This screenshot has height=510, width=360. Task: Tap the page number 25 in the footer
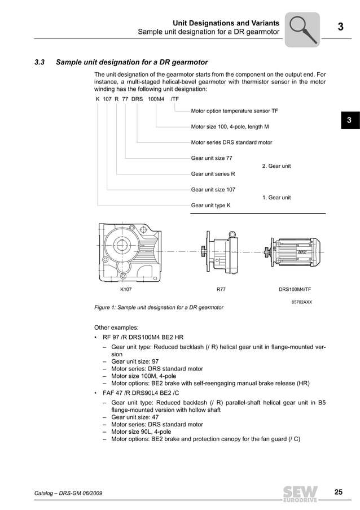338,492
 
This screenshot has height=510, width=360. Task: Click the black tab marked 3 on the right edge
349,120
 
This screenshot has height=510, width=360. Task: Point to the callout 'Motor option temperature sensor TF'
234,111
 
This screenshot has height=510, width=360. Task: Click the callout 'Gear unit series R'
213,174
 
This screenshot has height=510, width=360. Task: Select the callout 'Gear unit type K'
210,206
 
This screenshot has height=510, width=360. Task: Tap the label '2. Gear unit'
276,166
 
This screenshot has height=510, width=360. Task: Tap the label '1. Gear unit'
276,198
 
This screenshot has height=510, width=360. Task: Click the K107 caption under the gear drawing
126,289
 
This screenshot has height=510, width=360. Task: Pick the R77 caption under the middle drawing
221,289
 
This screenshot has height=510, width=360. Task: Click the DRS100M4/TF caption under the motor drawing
295,289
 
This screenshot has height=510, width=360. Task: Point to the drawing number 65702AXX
301,302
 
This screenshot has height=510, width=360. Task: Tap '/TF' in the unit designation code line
174,99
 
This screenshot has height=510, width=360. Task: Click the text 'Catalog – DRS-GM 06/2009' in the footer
68,494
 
